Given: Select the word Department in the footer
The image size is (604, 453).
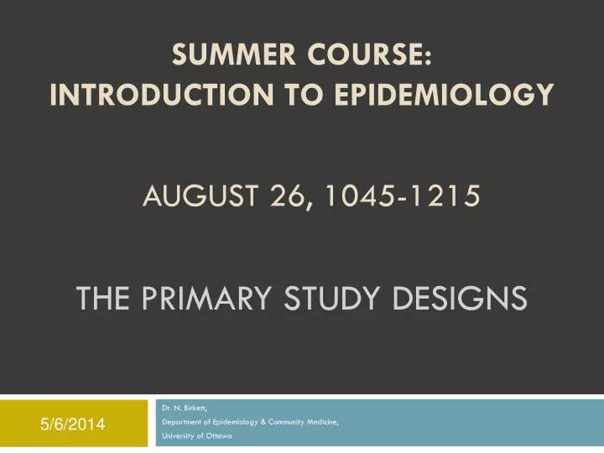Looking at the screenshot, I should tap(181, 423).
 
